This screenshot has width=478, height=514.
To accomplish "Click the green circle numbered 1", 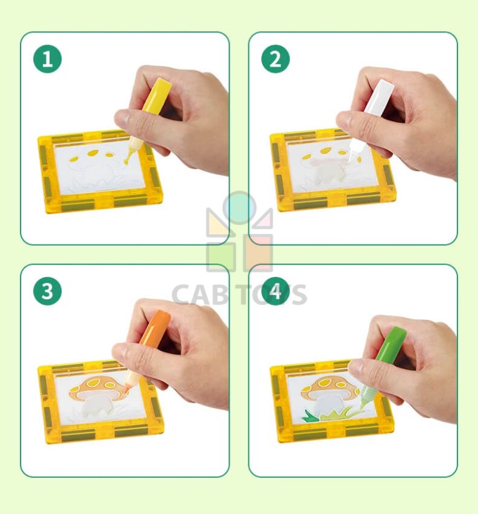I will (x=47, y=60).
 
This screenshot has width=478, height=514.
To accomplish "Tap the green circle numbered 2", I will (x=276, y=60).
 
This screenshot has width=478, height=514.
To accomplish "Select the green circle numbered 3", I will (x=47, y=291).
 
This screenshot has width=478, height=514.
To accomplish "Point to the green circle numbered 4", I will (x=276, y=291).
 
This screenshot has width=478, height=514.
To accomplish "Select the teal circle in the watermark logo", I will (x=240, y=208).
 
